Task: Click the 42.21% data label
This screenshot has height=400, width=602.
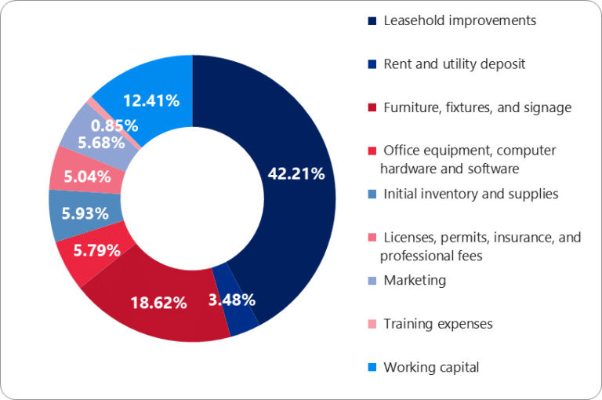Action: (296, 174)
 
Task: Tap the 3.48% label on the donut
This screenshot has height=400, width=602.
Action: (231, 299)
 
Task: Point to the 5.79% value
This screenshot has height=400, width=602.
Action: (96, 251)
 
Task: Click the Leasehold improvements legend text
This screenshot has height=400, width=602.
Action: (459, 21)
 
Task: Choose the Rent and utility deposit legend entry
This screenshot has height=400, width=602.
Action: (454, 64)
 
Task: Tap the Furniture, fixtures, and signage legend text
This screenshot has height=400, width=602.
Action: (477, 107)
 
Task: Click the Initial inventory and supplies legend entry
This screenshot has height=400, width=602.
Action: (470, 194)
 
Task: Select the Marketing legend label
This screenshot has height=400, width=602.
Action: (414, 280)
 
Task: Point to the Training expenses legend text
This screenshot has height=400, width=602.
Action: (437, 323)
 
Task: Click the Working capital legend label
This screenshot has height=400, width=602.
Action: (430, 366)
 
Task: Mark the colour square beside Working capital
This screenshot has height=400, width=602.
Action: (372, 367)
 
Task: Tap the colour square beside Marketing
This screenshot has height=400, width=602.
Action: (372, 281)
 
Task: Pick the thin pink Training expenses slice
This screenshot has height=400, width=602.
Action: (92, 102)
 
